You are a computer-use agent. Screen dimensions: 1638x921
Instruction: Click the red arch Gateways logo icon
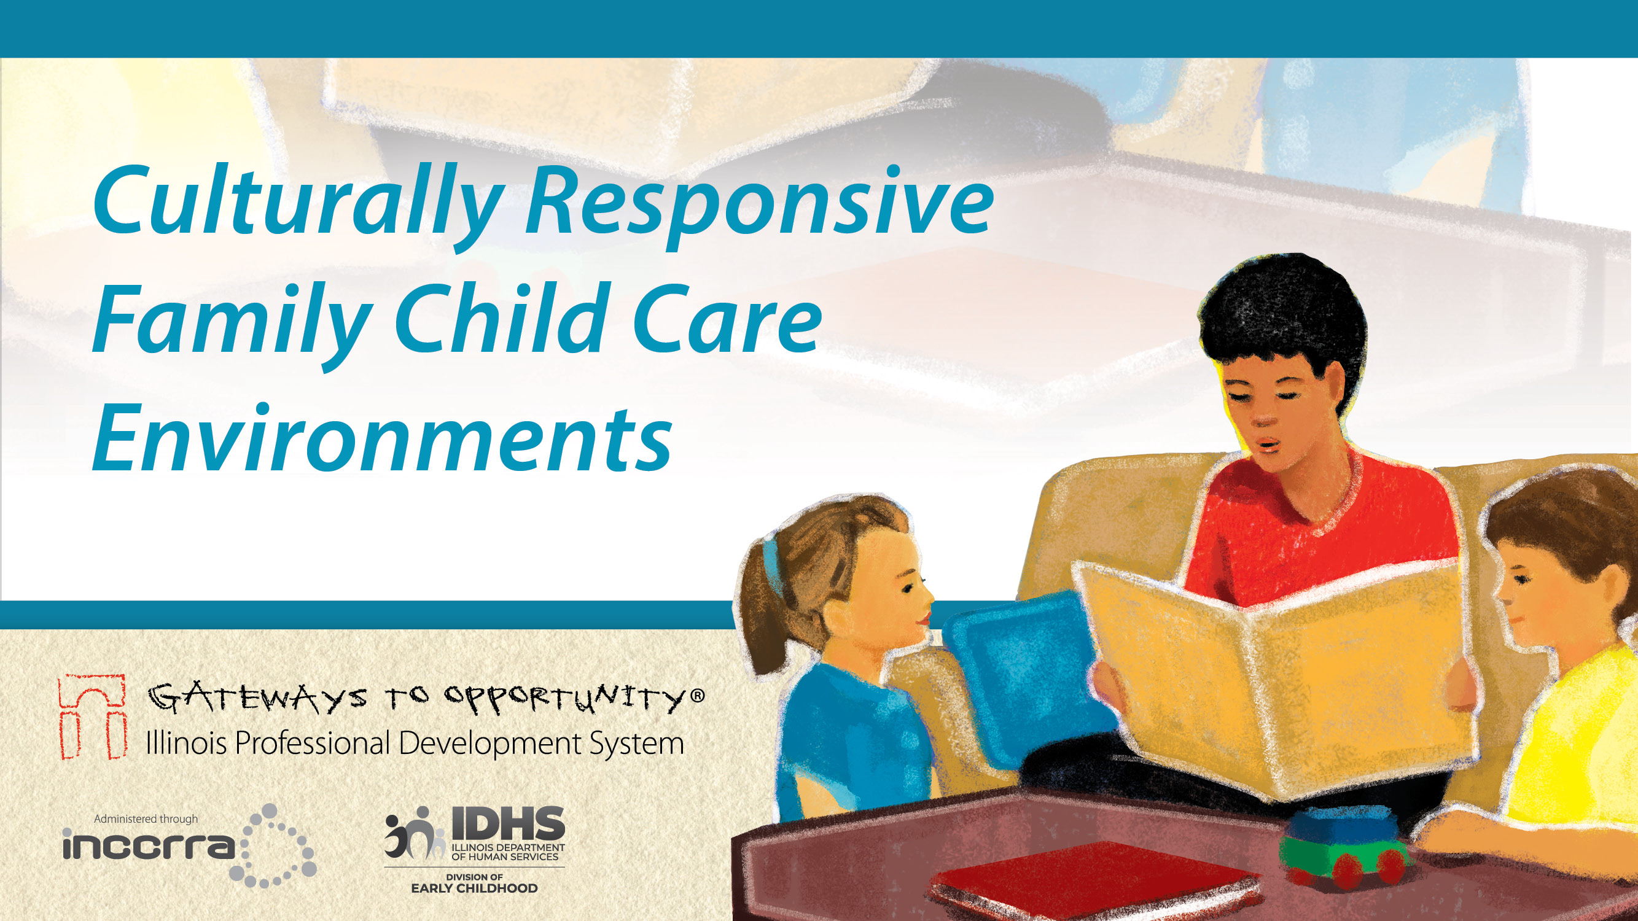click(x=91, y=717)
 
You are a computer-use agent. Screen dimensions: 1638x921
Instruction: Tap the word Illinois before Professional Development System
click(x=186, y=743)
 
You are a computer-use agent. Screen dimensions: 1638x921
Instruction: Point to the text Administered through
click(x=146, y=818)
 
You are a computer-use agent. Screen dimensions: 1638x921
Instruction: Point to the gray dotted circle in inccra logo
click(x=278, y=845)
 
